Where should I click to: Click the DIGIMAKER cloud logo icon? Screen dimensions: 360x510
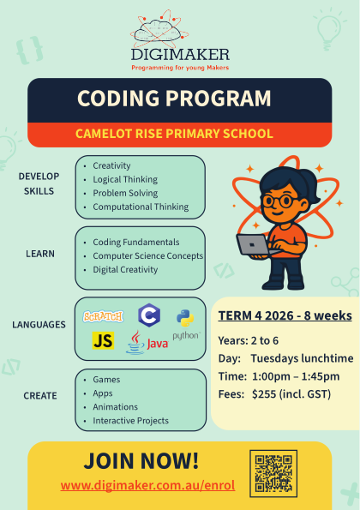(159, 29)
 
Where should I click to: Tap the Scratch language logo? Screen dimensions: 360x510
(103, 316)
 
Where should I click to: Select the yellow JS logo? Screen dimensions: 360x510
(103, 340)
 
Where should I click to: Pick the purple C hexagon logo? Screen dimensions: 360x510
(149, 315)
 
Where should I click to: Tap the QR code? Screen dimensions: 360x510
(273, 473)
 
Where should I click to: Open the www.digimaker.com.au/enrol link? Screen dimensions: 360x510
(147, 485)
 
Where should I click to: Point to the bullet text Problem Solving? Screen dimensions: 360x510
(125, 193)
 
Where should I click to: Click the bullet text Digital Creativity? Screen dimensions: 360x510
(125, 270)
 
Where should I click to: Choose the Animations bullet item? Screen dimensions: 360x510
(115, 407)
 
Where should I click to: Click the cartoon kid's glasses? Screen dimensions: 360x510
(279, 201)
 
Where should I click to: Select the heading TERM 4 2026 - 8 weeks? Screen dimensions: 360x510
(285, 315)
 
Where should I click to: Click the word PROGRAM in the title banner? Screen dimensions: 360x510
(219, 99)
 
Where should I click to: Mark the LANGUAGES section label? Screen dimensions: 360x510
(39, 325)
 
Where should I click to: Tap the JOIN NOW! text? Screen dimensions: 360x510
(141, 460)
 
